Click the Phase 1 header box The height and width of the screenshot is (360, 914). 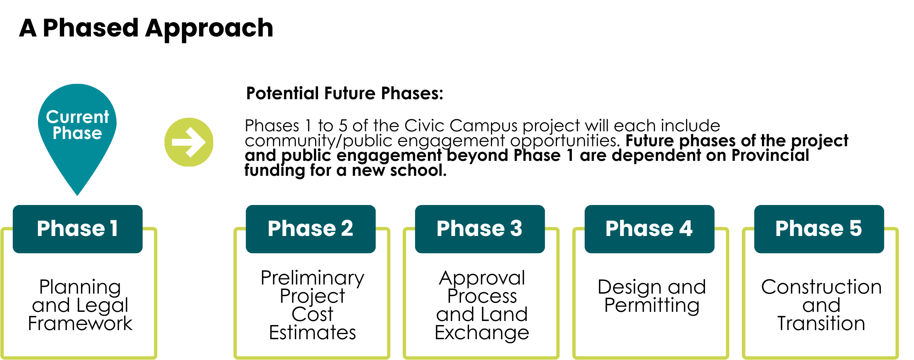78,229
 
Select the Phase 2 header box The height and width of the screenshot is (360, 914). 311,229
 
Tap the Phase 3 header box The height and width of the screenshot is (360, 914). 480,229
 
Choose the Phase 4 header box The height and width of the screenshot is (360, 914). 650,229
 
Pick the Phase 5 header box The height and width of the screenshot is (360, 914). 819,229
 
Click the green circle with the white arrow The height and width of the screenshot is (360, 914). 189,142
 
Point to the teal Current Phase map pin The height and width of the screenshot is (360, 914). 77,135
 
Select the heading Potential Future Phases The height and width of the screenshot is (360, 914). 345,93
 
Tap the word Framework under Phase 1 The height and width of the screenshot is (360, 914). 80,324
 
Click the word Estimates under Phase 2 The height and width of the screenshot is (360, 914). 313,333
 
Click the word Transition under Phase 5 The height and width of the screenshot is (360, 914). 821,324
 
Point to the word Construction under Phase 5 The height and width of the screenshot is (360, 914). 821,287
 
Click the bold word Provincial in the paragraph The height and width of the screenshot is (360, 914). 770,155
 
